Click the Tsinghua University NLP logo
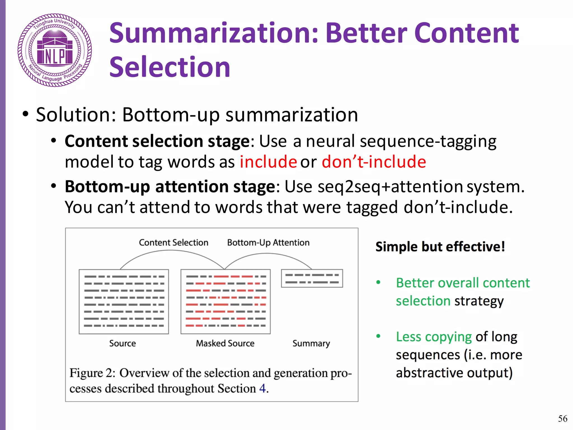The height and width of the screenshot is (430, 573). point(55,50)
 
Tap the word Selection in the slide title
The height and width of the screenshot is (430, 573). point(170,67)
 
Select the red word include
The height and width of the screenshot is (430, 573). point(268,162)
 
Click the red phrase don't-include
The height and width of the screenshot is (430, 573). point(374,162)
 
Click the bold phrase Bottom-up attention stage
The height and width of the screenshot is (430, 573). point(170,186)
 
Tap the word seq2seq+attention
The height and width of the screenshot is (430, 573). point(390,186)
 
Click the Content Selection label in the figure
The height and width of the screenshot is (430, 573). point(173,242)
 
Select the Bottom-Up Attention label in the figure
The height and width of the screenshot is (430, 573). point(268,242)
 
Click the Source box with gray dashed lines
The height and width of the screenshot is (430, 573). point(124,302)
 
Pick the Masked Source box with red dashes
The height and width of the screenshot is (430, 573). point(226,302)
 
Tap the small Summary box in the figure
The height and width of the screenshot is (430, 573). point(312,278)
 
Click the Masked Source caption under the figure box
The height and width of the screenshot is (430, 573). point(225,343)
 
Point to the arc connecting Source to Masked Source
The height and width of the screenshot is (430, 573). point(171,251)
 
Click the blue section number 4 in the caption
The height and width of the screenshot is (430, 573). point(262,389)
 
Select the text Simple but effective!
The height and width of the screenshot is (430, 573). point(440,247)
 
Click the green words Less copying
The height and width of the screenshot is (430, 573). point(434,337)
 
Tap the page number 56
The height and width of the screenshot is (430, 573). point(562,419)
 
